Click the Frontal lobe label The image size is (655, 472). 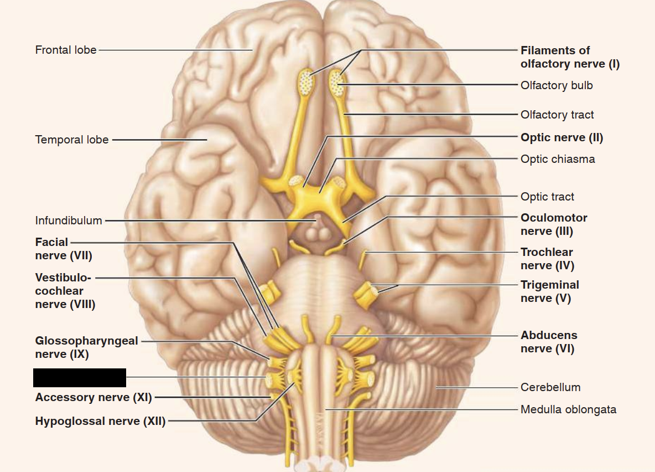66,50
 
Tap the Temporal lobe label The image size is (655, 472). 72,140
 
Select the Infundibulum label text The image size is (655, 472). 69,220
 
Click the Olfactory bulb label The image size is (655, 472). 557,85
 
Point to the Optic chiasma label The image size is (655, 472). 558,159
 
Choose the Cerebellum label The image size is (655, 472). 550,387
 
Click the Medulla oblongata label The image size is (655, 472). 568,409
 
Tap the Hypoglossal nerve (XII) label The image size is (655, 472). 100,421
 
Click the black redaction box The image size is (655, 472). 80,377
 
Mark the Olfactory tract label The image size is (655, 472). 557,115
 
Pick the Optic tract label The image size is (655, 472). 547,197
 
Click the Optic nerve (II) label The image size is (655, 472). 562,137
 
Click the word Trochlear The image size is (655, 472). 547,252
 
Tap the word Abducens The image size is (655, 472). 549,335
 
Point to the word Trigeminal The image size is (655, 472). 549,285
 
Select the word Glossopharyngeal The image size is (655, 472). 86,341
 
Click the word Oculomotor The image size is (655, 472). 554,218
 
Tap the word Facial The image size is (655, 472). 51,242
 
